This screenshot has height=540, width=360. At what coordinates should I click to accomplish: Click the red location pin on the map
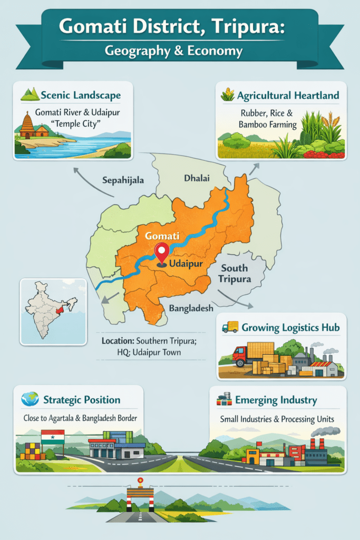click(161, 253)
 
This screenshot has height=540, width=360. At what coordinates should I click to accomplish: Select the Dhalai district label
click(197, 178)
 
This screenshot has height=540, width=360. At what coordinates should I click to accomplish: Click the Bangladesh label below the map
click(191, 307)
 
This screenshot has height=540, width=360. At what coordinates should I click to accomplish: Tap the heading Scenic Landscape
click(81, 95)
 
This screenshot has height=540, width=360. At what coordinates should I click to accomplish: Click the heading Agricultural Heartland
click(288, 95)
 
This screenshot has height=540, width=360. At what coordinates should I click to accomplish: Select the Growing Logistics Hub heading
click(290, 327)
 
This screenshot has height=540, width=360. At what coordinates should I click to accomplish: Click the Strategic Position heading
click(82, 400)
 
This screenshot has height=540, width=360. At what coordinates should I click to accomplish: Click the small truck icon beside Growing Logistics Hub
click(230, 327)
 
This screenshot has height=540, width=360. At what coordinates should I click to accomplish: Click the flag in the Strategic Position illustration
click(53, 437)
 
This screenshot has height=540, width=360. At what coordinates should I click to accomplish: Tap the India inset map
click(53, 311)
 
